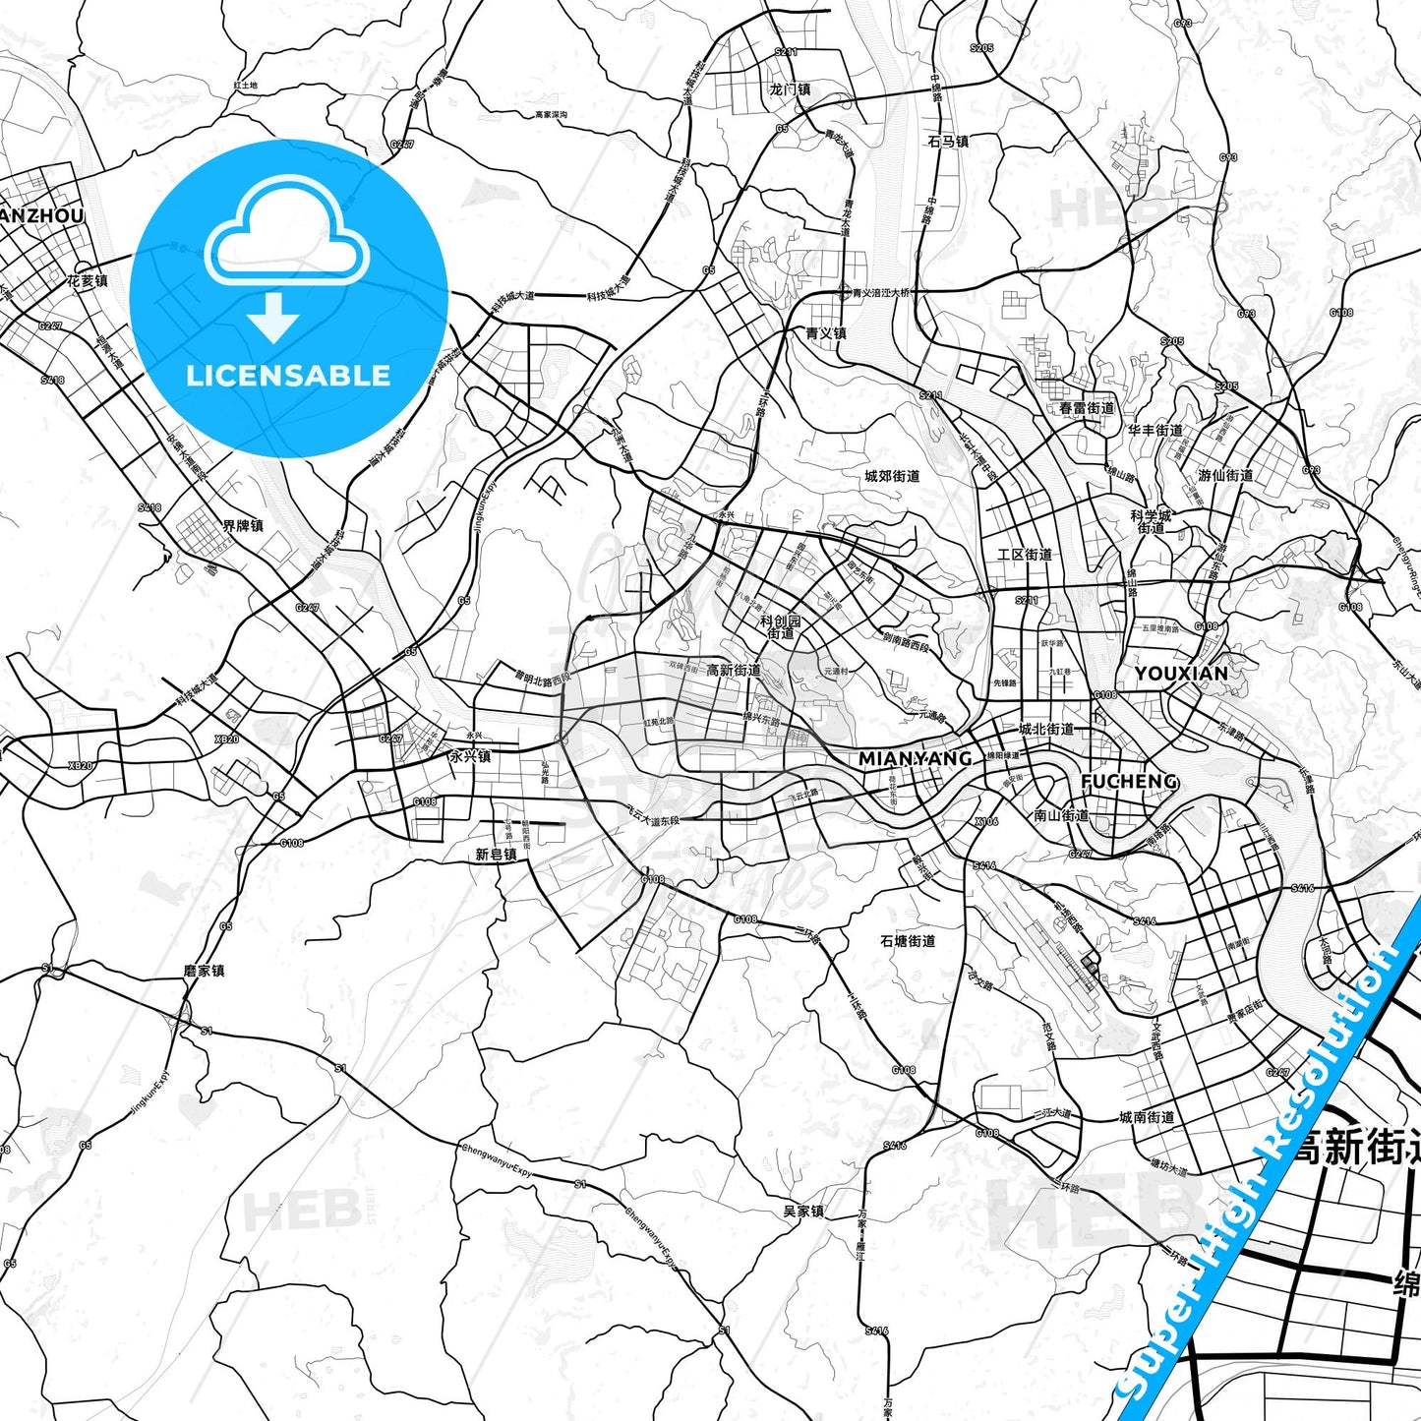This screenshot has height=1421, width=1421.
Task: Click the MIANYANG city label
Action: click(915, 758)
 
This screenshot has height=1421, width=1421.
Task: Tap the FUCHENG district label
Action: click(1128, 781)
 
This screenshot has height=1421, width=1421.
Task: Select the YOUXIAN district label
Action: click(1180, 674)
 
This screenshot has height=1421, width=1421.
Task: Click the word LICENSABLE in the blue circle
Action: click(288, 376)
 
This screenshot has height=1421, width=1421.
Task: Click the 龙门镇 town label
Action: click(790, 89)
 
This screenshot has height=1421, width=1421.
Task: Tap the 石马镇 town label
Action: click(948, 142)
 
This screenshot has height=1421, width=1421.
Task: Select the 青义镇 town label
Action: click(825, 333)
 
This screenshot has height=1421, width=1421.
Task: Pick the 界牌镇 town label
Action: click(242, 526)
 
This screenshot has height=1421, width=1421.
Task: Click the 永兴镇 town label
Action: click(469, 757)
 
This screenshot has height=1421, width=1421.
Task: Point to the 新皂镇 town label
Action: click(496, 855)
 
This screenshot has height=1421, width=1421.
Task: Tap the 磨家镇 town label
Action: click(204, 971)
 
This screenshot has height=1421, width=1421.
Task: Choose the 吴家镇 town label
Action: click(802, 1211)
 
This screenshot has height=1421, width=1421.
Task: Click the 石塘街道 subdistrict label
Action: click(908, 941)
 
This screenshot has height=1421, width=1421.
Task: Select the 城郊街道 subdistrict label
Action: click(892, 476)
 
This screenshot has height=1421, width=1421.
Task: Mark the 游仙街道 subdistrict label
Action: click(1225, 475)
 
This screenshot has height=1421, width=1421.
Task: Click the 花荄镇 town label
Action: click(88, 281)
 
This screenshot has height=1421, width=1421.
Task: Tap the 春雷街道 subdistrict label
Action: click(1087, 408)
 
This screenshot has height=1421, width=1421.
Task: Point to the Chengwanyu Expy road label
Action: click(497, 1160)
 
